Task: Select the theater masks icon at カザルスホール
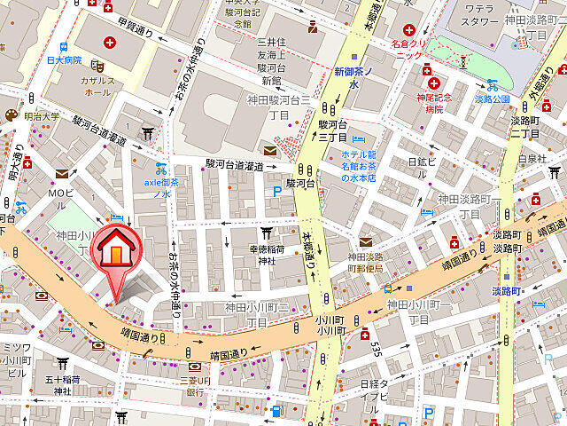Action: (x=101, y=65)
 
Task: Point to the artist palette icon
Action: (x=10, y=115)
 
